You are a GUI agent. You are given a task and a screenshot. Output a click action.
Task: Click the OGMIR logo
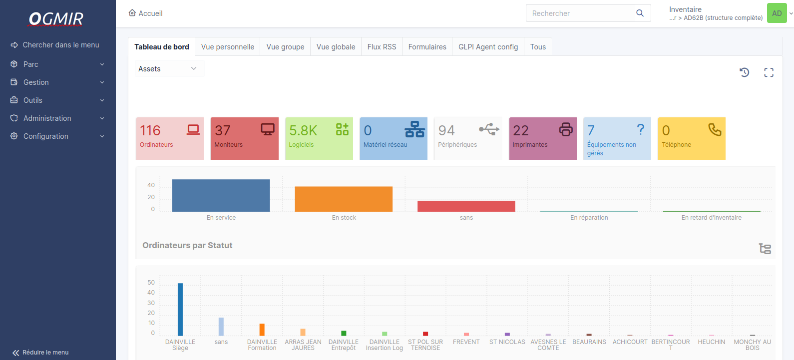point(56,19)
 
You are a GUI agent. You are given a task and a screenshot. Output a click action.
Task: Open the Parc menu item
point(31,64)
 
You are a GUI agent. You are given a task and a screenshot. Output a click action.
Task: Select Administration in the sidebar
point(47,118)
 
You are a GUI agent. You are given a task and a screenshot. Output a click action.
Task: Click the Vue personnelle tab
point(228,47)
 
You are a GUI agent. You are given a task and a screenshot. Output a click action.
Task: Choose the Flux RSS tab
point(382,47)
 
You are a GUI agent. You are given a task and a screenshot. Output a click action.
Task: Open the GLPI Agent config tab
point(488,47)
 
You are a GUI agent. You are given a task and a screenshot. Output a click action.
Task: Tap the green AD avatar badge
point(777,13)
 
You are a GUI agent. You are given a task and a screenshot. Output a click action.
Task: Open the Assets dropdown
point(168,69)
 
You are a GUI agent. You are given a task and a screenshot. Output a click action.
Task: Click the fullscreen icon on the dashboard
point(769,73)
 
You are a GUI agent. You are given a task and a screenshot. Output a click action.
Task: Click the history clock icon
point(744,72)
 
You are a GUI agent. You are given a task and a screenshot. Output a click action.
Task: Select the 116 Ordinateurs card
point(170,138)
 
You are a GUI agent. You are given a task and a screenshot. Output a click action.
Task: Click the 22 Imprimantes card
point(542,138)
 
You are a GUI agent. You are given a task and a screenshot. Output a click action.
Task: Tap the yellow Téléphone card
point(691,138)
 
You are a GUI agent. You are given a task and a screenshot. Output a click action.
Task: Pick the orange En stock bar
point(344,199)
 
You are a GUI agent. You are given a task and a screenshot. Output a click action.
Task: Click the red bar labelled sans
point(466,206)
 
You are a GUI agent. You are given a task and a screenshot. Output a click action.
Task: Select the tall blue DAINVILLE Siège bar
point(180,309)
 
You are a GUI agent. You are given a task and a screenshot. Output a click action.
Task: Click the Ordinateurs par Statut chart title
point(187,245)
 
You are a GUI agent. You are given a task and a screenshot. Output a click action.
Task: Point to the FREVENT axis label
point(466,342)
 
